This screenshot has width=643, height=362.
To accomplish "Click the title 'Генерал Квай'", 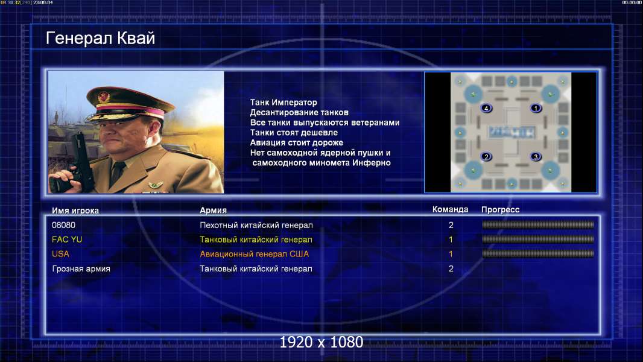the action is tap(101, 38).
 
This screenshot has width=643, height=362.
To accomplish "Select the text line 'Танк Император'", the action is tap(283, 103).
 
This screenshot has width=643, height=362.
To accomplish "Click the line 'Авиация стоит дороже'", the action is tap(297, 142).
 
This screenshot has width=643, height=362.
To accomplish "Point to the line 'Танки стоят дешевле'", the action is tap(294, 132).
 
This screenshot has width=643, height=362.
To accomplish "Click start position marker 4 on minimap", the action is tap(486, 108).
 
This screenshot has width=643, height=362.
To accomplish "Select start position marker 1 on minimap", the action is tap(536, 108).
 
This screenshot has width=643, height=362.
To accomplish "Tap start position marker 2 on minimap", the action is tap(486, 157).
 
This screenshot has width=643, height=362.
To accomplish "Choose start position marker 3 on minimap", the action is tap(536, 157).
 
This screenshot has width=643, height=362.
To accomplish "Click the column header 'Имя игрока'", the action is tap(75, 211).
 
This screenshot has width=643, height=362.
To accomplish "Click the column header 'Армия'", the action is tap(214, 210).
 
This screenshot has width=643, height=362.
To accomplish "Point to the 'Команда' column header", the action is tap(450, 209).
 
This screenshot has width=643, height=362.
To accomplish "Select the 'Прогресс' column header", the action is tap(500, 209).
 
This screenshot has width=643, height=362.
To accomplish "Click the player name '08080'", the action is tap(63, 225).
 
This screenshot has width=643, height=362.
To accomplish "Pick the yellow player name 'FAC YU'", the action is tap(67, 240).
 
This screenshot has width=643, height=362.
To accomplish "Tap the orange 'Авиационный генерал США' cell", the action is tap(255, 254).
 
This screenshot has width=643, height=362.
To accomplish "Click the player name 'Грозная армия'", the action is tap(81, 269).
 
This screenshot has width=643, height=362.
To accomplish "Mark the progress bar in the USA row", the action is tap(538, 254).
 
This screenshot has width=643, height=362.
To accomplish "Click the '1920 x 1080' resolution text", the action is tap(321, 342).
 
